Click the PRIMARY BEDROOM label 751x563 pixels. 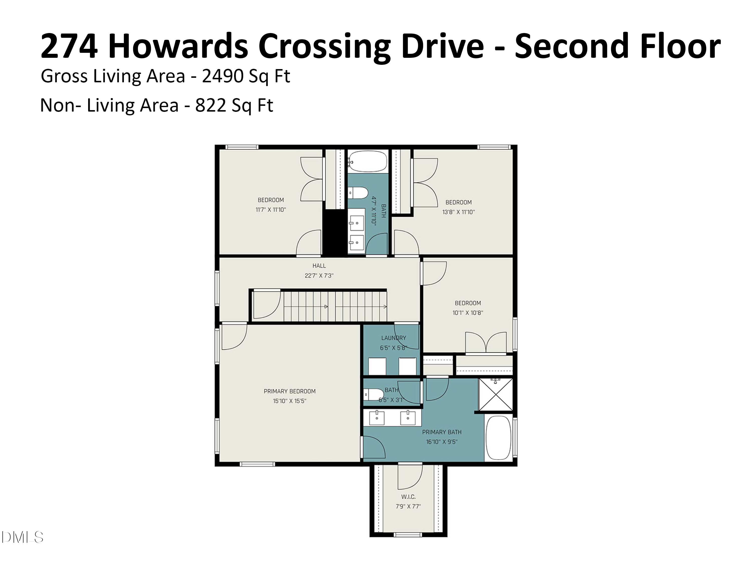(x=290, y=391)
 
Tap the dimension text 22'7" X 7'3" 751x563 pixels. (x=319, y=275)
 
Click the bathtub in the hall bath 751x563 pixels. (x=367, y=161)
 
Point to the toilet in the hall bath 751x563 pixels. (x=358, y=193)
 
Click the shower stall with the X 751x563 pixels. (x=495, y=395)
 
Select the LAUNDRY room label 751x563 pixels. (x=394, y=338)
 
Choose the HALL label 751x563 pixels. (x=319, y=266)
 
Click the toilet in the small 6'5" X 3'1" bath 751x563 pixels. (x=372, y=394)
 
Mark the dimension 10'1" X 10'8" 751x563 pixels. (x=468, y=313)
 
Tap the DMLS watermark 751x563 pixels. (x=22, y=537)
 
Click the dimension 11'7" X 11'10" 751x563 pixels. (x=271, y=210)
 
